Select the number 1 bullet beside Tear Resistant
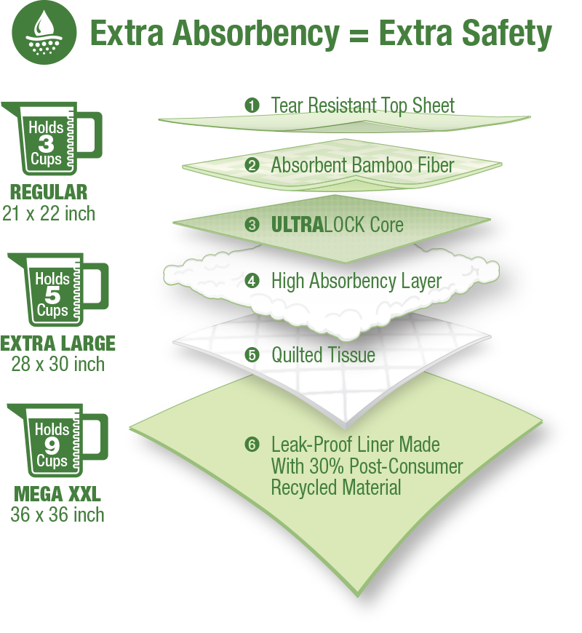point(252,105)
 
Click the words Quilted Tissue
point(323,355)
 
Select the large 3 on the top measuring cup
point(46,143)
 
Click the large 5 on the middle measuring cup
point(52,295)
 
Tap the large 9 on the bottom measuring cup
point(51,445)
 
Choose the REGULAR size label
point(49,193)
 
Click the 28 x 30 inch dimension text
point(57,364)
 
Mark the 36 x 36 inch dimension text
point(57,515)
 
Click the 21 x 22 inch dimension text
point(48,212)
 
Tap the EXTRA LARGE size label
point(58,343)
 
